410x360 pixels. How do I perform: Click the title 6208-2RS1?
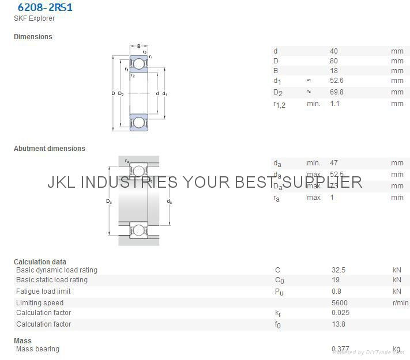pos(45,7)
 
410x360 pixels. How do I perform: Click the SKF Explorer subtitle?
pos(34,18)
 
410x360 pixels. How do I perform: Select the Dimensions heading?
pos(33,37)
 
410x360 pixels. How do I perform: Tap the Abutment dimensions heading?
pos(49,149)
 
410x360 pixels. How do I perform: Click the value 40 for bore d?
pos(334,51)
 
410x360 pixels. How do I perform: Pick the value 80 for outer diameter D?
pos(334,61)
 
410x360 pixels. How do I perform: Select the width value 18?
pos(334,71)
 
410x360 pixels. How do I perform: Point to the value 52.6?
pos(336,81)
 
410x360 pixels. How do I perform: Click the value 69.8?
pos(336,92)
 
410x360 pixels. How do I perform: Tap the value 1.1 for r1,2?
pos(334,104)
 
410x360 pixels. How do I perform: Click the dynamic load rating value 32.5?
pos(338,270)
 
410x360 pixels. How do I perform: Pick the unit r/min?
pos(400,303)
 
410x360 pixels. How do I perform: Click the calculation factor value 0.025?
pos(340,313)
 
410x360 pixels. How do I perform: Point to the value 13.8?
pos(338,324)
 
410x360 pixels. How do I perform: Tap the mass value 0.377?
pos(340,349)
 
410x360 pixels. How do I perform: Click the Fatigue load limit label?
pos(43,291)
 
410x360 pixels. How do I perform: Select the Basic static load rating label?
pos(52,280)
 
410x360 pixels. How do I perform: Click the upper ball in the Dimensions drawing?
pos(138,64)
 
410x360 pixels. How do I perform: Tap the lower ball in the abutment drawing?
pos(138,231)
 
